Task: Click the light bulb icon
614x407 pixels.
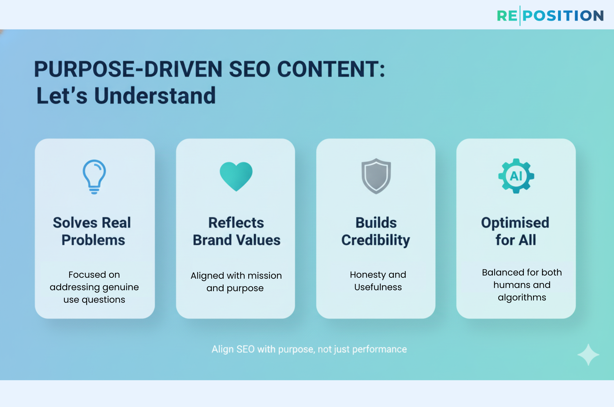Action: pos(94,176)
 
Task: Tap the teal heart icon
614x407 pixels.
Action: pos(236,176)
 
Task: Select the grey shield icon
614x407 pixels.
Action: pos(376,176)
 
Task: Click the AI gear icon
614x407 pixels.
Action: pos(516,176)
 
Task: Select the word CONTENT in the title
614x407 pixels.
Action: pos(331,69)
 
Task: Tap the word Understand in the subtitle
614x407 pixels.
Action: pos(155,96)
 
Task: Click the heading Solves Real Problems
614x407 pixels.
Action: pos(92,231)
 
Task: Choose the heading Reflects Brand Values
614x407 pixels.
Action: pos(236,231)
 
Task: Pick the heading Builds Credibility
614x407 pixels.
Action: pos(376,231)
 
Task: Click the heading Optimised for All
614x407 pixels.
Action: pos(515,231)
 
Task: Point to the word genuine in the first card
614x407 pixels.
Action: pos(123,287)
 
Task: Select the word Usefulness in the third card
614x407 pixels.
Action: pos(378,287)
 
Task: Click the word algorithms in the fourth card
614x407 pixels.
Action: pos(522,298)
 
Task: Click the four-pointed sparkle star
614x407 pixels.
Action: pos(588,355)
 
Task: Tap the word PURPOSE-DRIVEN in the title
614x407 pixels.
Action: pos(128,69)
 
